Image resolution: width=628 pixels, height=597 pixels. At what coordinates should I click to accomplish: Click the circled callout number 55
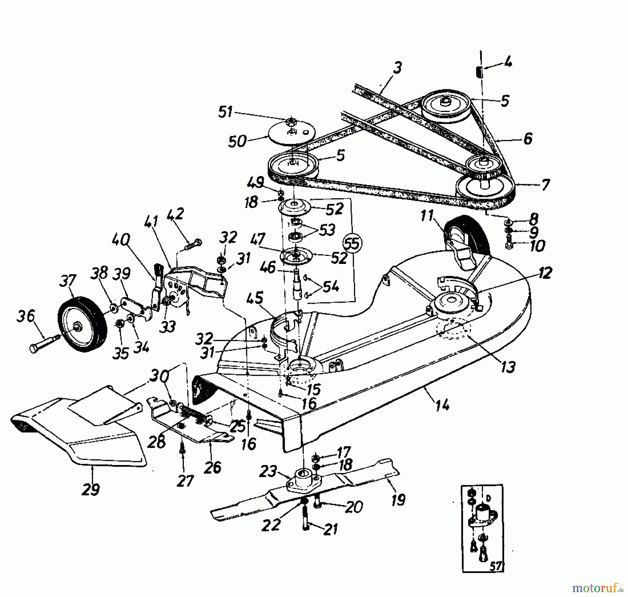(x=353, y=243)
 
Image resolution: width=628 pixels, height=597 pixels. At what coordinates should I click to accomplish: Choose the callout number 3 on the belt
(x=397, y=67)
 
